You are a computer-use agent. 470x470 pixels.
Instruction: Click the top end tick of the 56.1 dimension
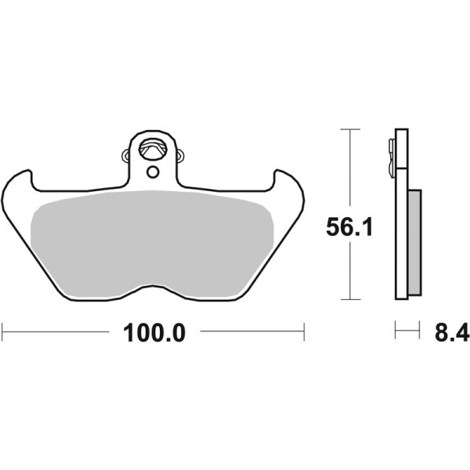click(349, 128)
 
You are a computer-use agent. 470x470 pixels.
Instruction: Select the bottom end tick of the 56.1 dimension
click(349, 298)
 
